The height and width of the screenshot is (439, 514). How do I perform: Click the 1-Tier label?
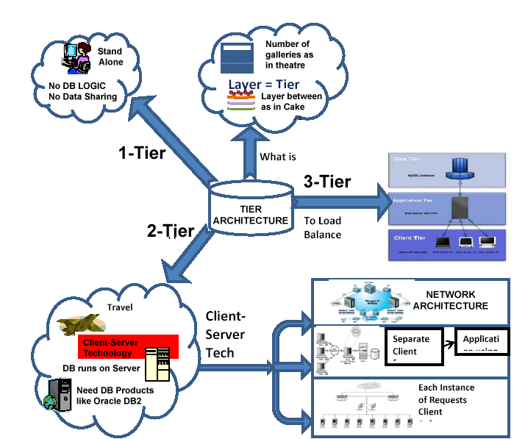coord(142,153)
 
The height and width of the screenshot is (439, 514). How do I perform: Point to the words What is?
coord(278,157)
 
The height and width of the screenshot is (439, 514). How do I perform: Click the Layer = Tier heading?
coord(263,85)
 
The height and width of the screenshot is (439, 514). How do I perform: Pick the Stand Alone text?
coord(110,57)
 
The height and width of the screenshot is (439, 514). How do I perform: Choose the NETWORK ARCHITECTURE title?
coord(450,300)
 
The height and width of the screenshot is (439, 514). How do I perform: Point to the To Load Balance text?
coord(323,227)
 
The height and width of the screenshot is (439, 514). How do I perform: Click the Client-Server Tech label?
coord(225,335)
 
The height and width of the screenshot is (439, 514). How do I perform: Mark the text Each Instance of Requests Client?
coord(446,400)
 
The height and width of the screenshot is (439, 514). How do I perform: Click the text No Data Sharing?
coord(82,96)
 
